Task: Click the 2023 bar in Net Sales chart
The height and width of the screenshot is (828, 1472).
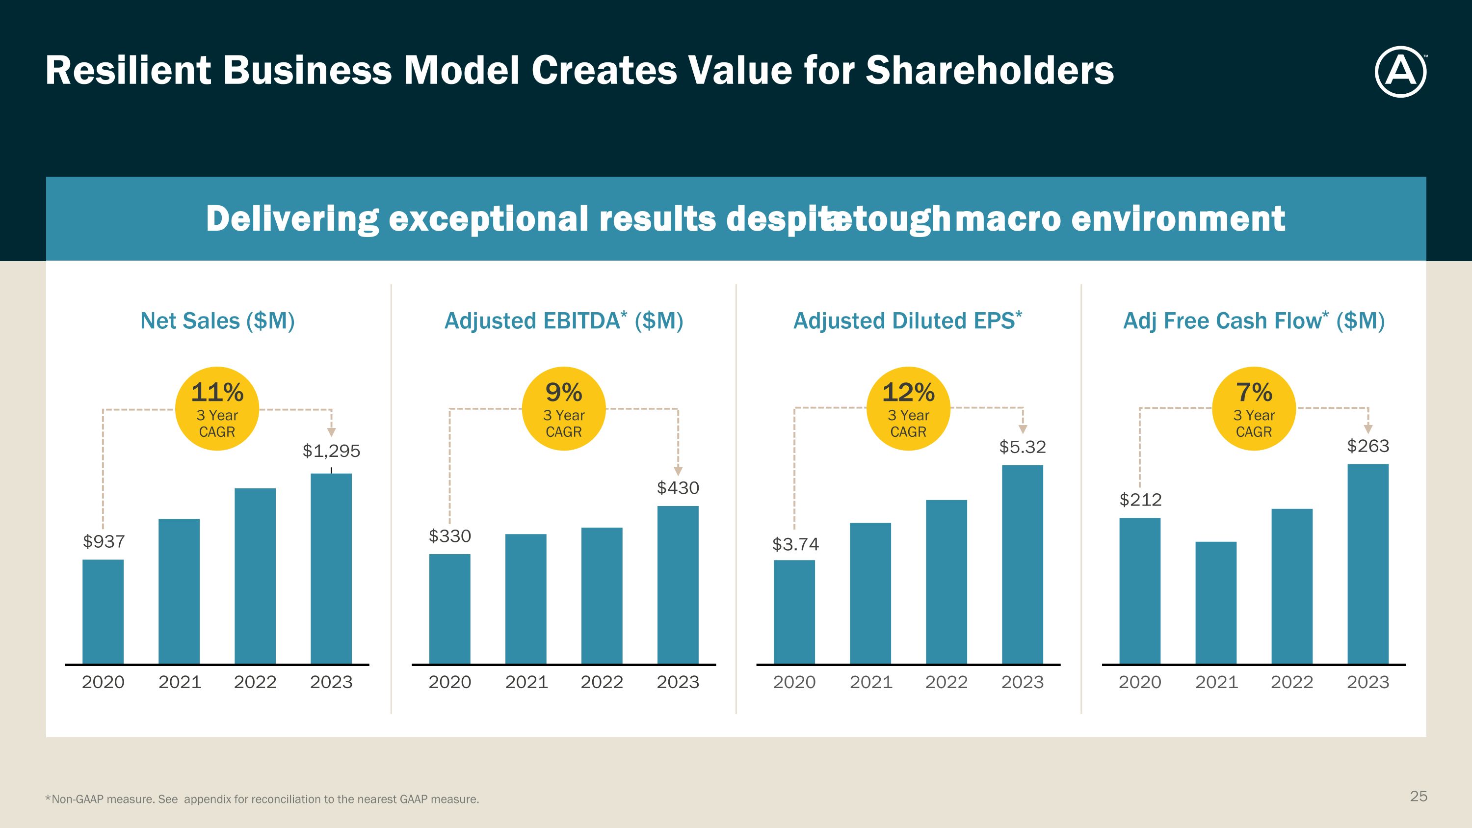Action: (x=331, y=568)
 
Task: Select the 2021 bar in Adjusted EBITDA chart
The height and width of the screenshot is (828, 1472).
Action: (x=526, y=598)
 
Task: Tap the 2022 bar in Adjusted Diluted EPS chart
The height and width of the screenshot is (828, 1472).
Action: (x=946, y=581)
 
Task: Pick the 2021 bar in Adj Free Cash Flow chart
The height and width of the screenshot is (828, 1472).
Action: (x=1215, y=602)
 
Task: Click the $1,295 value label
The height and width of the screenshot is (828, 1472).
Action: (x=331, y=451)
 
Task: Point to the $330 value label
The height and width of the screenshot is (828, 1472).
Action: (x=450, y=536)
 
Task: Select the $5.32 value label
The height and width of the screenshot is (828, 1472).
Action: (x=1022, y=447)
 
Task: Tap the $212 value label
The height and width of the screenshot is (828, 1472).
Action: (x=1140, y=500)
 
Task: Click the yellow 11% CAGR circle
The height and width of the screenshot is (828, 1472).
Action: (x=217, y=408)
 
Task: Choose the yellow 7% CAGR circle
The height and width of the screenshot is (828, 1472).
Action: (x=1254, y=408)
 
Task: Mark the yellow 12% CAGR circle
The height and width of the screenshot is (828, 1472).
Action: (x=908, y=408)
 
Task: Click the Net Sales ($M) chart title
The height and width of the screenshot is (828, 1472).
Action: (x=218, y=321)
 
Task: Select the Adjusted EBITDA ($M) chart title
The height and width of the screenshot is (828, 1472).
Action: (x=563, y=321)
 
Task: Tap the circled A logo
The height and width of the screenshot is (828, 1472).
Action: (x=1400, y=72)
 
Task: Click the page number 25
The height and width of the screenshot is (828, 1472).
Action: (x=1419, y=796)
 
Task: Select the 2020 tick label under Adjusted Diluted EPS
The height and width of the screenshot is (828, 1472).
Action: (x=794, y=682)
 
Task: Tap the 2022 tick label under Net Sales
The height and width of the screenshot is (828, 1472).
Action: (x=255, y=682)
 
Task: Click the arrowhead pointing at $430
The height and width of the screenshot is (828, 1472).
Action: (x=678, y=471)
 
